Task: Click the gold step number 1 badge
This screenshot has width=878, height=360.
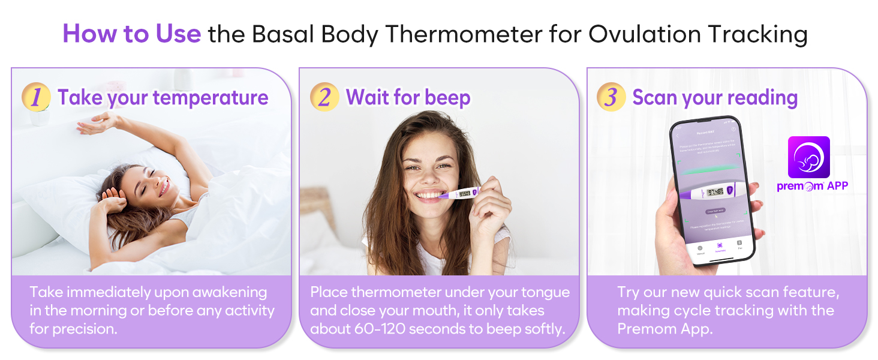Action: click(35, 98)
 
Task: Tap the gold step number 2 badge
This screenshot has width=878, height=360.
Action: click(324, 98)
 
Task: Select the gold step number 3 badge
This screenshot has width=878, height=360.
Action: click(611, 98)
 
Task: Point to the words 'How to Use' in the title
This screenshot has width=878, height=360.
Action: click(131, 34)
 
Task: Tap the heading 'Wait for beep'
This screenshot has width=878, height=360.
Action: click(408, 98)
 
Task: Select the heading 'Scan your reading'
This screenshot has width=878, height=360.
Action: click(715, 98)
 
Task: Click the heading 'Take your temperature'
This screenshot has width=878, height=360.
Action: click(163, 98)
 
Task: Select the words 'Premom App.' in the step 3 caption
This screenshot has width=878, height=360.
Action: click(665, 329)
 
